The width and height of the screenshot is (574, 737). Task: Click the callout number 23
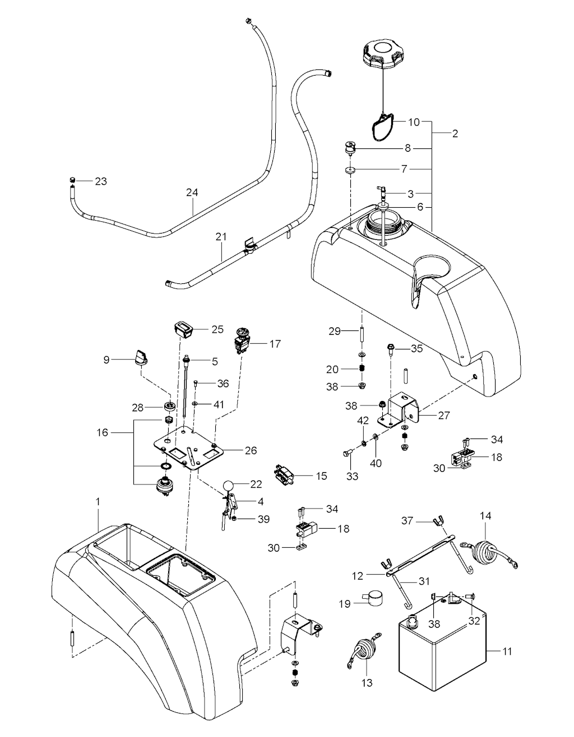click(x=100, y=181)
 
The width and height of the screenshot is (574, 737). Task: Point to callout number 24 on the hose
click(x=192, y=193)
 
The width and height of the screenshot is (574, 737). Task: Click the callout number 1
click(x=98, y=502)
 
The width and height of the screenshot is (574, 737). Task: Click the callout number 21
click(x=221, y=237)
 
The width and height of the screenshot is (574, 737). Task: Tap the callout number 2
click(x=455, y=134)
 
